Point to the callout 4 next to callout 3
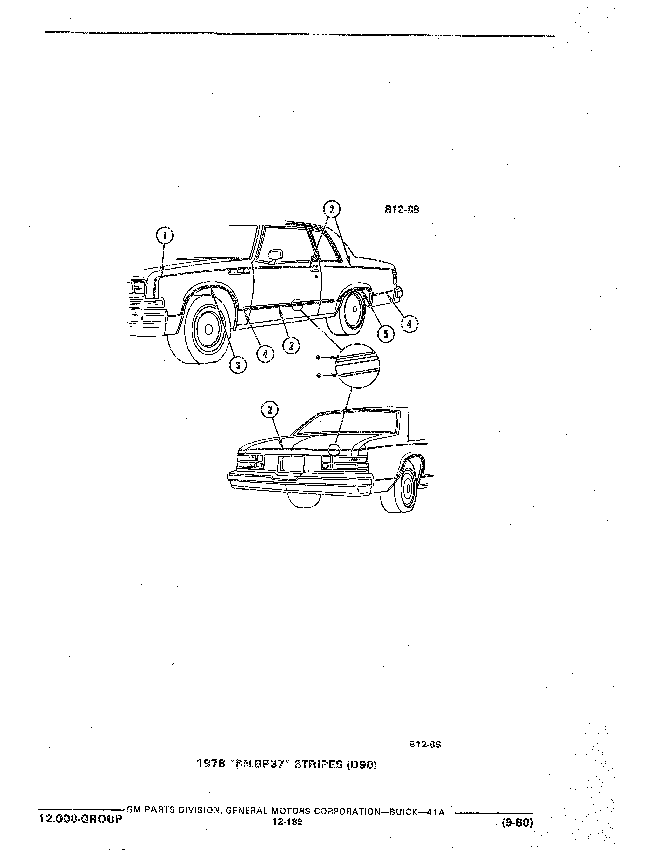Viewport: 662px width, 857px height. pos(266,354)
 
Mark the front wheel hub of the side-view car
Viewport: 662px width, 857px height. pos(209,329)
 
